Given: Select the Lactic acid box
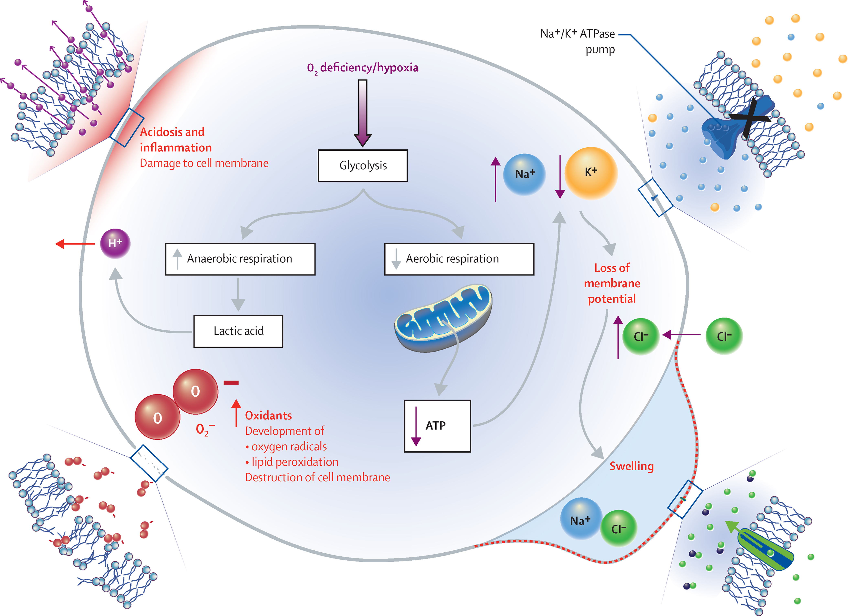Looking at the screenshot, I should [x=238, y=331].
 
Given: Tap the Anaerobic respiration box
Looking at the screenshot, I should [x=240, y=259].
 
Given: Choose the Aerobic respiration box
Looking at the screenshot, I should [x=459, y=259].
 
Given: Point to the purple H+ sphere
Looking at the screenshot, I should [x=115, y=244].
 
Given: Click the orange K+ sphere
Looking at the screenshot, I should [x=591, y=173].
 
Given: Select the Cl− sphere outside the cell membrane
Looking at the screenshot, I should [x=724, y=336].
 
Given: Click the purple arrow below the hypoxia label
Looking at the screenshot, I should [x=362, y=112].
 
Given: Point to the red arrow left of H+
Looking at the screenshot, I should [x=75, y=244].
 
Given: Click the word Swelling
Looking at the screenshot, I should [x=631, y=466].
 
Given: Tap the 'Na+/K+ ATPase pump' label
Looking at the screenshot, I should [x=578, y=41].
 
